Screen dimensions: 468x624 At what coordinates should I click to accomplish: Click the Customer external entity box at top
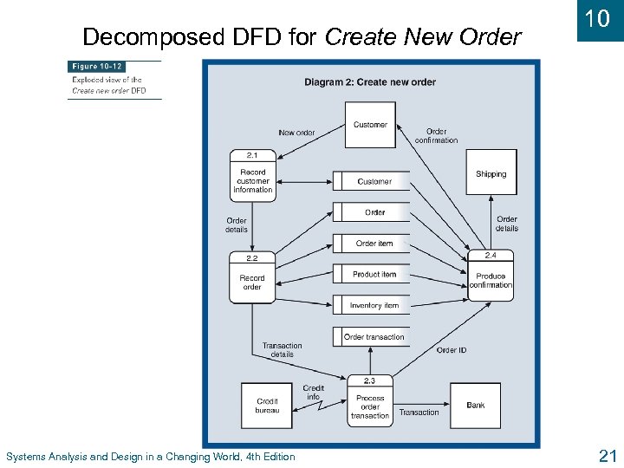[x=370, y=125]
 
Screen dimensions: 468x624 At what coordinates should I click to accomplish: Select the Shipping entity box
[x=491, y=172]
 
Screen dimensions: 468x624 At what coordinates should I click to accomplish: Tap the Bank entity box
[x=475, y=405]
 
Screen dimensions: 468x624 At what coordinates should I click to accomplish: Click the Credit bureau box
[x=267, y=405]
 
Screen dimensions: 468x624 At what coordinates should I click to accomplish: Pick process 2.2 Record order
[x=252, y=278]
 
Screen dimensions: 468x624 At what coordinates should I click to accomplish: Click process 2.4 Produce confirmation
[x=491, y=276]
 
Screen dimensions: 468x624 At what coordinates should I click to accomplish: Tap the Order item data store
[x=374, y=244]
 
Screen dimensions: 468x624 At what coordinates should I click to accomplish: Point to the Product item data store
[x=374, y=275]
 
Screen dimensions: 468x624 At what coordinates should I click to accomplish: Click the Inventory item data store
[x=374, y=306]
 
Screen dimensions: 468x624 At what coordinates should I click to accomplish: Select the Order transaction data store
[x=374, y=337]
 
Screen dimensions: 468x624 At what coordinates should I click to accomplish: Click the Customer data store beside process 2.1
[x=374, y=181]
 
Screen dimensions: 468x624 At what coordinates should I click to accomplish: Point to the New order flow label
[x=296, y=133]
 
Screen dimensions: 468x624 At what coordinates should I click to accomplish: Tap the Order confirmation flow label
[x=436, y=136]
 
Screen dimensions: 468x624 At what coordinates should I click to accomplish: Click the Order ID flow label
[x=451, y=350]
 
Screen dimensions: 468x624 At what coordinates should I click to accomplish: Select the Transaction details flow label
[x=282, y=349]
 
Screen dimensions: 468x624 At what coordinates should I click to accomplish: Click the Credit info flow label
[x=313, y=393]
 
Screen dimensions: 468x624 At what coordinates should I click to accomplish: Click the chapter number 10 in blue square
[x=598, y=19]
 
